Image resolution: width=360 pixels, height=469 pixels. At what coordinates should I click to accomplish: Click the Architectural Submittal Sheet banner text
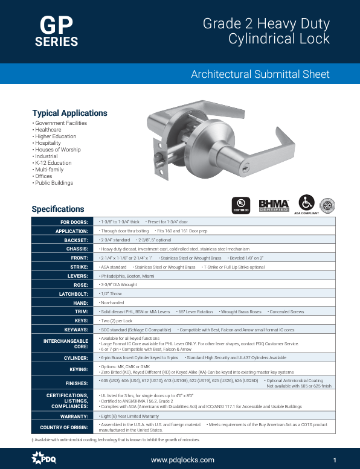point(260,74)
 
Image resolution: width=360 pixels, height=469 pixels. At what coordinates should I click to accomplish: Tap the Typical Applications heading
point(69,113)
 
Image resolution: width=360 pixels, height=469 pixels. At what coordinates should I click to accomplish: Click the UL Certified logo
point(241,204)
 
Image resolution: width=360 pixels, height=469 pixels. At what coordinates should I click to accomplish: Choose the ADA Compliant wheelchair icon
point(306,202)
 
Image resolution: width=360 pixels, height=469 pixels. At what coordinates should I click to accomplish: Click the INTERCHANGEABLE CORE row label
point(68,344)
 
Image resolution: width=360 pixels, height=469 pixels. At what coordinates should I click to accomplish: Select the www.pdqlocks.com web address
point(182,459)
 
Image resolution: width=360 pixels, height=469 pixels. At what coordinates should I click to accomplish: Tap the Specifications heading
point(58,209)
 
